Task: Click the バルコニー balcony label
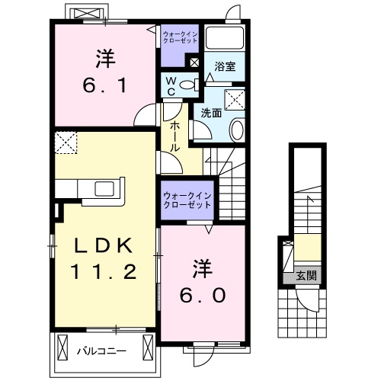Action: point(106,351)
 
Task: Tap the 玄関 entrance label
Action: point(306,276)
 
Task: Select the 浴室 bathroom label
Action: point(225,67)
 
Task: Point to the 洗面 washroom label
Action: point(211,113)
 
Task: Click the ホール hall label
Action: point(174,136)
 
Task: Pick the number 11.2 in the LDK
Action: point(105,271)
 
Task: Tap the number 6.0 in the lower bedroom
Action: point(202,294)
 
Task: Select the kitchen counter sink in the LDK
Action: point(102,188)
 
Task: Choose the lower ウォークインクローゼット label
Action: point(187,200)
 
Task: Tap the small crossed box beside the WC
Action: point(195,63)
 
